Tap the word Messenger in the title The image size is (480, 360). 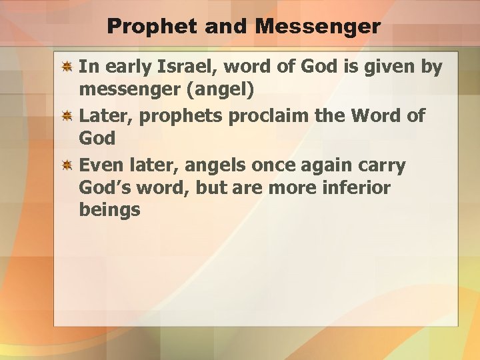[x=318, y=27]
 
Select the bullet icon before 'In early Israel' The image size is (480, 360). [x=67, y=67]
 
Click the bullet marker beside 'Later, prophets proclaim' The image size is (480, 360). [x=67, y=116]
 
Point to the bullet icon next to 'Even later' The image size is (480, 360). [x=67, y=165]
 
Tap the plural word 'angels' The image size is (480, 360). [x=213, y=164]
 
